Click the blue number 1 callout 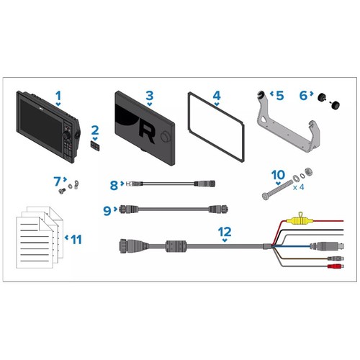pos(58,96)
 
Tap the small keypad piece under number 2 pos(95,145)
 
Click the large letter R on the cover pos(146,133)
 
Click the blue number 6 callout pos(303,96)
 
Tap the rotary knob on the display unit pos(66,135)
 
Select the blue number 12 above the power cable pos(225,232)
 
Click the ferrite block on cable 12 pos(176,246)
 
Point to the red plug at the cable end pos(336,266)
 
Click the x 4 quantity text pos(298,187)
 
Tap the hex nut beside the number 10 pos(308,171)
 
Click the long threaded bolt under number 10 pos(277,190)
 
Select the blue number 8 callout pos(114,185)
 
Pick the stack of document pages pos(40,237)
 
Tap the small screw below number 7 pos(62,191)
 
